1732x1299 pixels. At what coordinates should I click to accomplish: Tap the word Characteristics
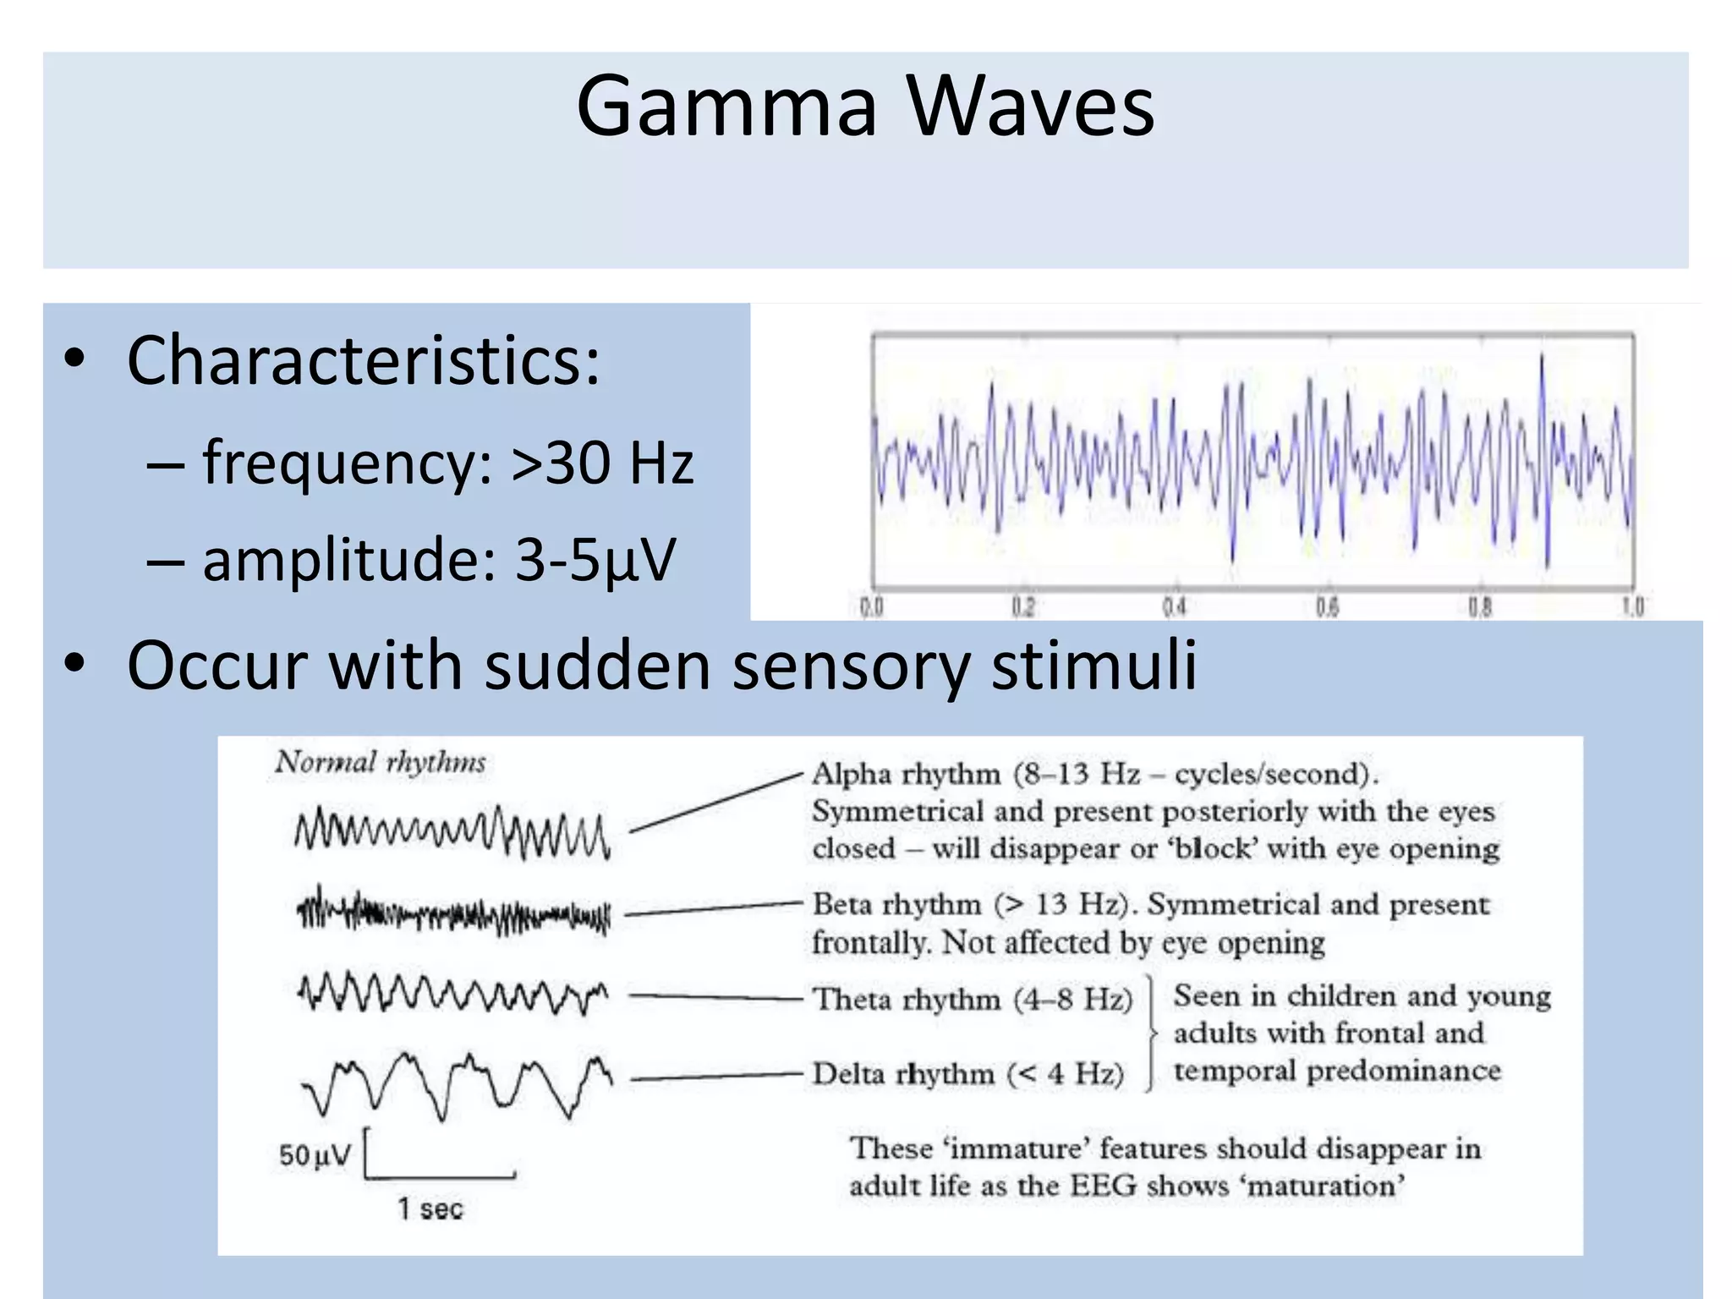[363, 361]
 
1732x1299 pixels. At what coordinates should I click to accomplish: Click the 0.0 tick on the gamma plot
[872, 606]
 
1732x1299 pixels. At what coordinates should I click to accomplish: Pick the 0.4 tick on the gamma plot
[1175, 606]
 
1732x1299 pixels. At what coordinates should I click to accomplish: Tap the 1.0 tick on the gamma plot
[1632, 606]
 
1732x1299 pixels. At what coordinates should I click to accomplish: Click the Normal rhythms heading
[381, 762]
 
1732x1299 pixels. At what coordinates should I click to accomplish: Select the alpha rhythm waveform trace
[452, 832]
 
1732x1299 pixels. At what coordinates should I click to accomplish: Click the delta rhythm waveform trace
[457, 1085]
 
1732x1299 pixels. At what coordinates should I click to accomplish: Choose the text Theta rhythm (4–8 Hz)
[973, 1000]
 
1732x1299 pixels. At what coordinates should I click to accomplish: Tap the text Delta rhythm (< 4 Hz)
[968, 1074]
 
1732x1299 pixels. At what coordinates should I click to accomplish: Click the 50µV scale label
[314, 1155]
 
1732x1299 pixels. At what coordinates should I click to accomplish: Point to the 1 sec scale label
[430, 1209]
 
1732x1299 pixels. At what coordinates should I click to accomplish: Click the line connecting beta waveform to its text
[713, 909]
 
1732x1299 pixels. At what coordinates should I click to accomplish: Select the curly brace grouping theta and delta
[1151, 1033]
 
